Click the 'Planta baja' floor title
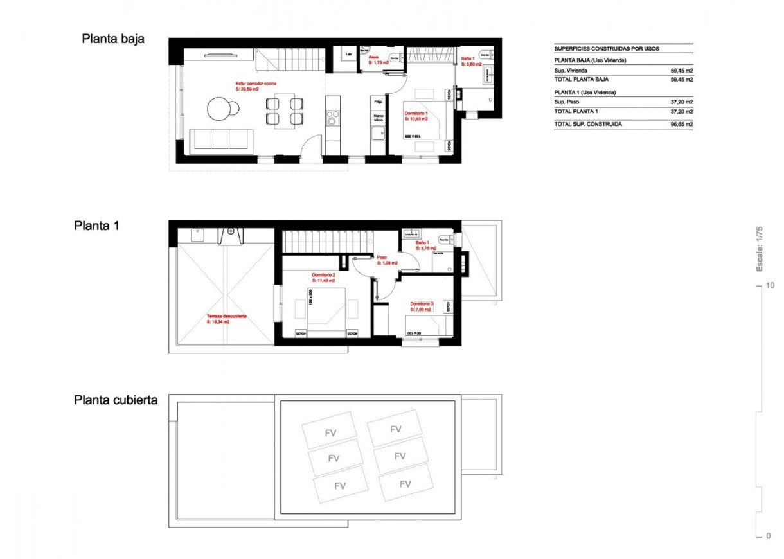point(113,39)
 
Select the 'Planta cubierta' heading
point(116,400)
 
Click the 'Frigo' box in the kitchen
point(379,102)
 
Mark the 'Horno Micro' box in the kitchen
point(379,118)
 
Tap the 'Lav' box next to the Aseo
point(349,55)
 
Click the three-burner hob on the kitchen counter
point(333,118)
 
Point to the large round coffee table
point(218,108)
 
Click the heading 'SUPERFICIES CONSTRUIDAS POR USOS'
point(606,49)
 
